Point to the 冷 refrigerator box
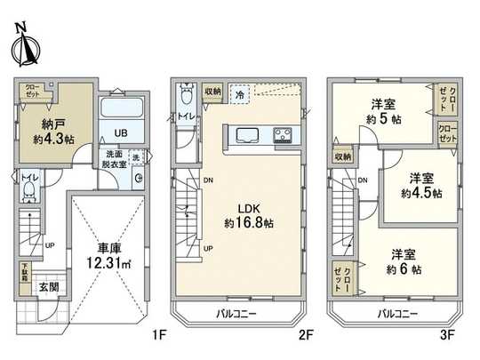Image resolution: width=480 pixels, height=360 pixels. tap(239, 92)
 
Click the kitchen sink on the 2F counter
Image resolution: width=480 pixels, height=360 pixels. tap(246, 135)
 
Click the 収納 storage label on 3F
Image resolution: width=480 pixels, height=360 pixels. tap(343, 156)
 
